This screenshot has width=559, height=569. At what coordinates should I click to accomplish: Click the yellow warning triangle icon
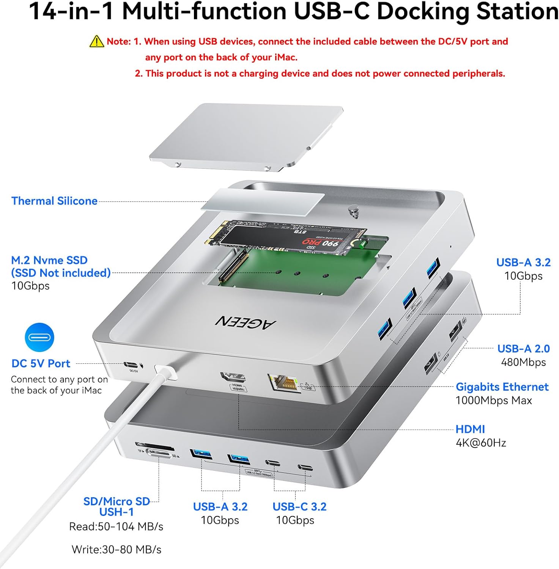tap(97, 41)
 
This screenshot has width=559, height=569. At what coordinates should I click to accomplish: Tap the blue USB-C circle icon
tap(39, 337)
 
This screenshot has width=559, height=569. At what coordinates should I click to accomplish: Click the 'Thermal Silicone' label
tap(54, 201)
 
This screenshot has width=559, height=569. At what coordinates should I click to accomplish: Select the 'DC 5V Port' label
tap(41, 363)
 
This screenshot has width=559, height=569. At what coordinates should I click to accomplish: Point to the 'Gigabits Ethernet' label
tap(502, 387)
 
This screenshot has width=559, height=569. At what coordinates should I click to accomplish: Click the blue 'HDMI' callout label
tap(470, 429)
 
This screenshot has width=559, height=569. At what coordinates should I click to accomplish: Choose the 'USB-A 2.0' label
tap(523, 348)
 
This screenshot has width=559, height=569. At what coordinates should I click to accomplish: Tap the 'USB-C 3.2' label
tap(299, 506)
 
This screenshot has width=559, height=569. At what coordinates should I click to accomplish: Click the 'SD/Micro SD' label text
tap(117, 501)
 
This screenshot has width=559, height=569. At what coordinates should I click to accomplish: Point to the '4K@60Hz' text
tap(480, 443)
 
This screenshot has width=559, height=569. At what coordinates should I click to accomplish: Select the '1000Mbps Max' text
tap(493, 400)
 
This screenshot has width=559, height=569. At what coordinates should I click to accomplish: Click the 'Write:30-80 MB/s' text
tap(117, 549)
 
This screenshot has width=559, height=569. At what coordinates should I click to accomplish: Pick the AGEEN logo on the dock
tap(246, 322)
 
